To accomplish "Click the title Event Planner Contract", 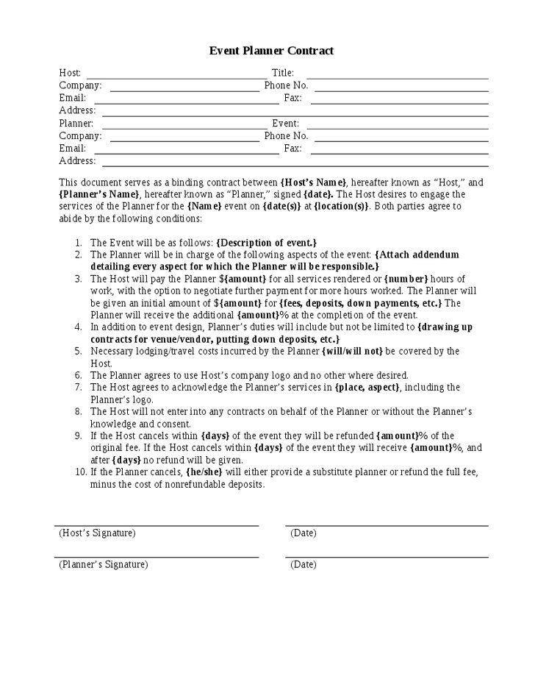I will [271, 51].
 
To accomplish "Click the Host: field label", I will [70, 73].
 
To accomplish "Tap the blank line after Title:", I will [397, 77].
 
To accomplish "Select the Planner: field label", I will [76, 124].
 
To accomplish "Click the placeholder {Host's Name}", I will [314, 182].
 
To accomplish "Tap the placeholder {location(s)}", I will [342, 207].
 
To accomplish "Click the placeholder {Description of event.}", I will [267, 243].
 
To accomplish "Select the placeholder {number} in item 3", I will [407, 279].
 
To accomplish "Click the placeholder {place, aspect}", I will [367, 388].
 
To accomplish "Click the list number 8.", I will [78, 411].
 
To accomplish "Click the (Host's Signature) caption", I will [97, 533].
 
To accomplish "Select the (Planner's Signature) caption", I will [103, 565].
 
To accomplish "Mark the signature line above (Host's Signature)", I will [157, 525].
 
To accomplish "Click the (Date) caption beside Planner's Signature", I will [303, 565].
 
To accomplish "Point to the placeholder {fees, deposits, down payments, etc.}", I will [360, 303].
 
